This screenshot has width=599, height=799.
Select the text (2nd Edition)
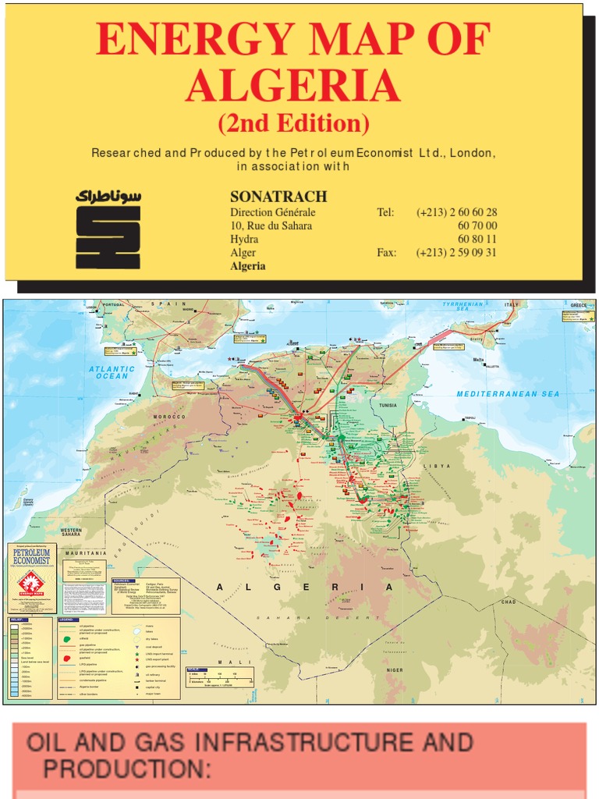(x=293, y=123)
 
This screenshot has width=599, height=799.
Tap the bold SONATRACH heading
(x=278, y=197)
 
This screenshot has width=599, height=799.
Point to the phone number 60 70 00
(x=477, y=225)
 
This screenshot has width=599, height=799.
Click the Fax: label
(x=387, y=253)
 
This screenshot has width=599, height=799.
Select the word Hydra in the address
(x=244, y=240)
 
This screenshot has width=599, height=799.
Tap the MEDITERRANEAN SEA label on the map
(x=508, y=394)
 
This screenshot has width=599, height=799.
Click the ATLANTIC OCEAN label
(x=112, y=373)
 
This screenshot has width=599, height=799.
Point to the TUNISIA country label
(x=388, y=406)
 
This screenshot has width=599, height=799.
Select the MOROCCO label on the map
(x=168, y=417)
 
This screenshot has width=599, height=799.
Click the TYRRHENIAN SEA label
(x=463, y=306)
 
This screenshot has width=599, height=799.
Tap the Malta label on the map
(x=478, y=360)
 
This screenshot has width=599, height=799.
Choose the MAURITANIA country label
(x=86, y=552)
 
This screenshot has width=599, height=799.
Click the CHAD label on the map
(x=509, y=602)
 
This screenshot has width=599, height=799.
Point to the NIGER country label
(x=395, y=669)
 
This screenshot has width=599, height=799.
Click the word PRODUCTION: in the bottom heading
(x=126, y=769)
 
